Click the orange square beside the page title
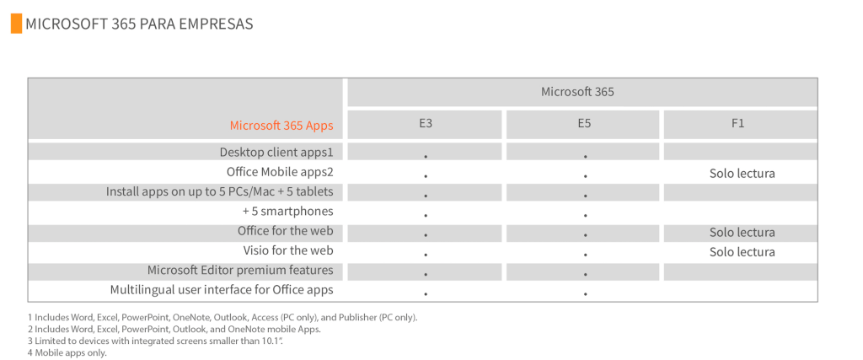[17, 24]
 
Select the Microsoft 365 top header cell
[582, 92]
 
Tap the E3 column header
[425, 125]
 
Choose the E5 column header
[584, 125]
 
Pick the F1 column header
[738, 125]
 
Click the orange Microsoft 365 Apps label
[281, 126]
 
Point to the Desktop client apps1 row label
[276, 152]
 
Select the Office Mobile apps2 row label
[280, 172]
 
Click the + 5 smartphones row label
[288, 212]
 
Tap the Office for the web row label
[286, 231]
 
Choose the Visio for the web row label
[288, 250]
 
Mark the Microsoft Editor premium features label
[240, 271]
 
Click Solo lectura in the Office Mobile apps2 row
[742, 174]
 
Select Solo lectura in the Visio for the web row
[742, 252]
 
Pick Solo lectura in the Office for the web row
[742, 233]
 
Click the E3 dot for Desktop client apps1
[426, 157]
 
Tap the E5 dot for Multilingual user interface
[585, 294]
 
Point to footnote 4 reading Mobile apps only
[67, 353]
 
